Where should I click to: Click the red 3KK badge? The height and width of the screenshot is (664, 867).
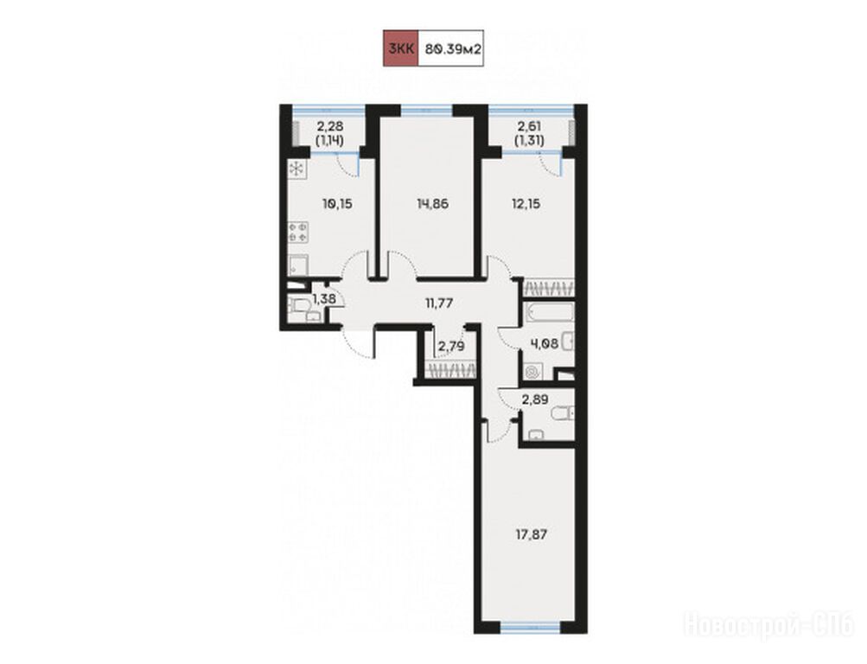click(x=401, y=48)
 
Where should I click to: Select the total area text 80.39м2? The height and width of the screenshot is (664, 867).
click(x=453, y=48)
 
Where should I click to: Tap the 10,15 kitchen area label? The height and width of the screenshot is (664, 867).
click(x=337, y=204)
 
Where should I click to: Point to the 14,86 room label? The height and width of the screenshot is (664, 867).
click(x=432, y=204)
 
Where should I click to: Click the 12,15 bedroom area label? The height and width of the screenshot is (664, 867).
click(x=526, y=204)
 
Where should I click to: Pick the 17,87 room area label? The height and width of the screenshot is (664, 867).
click(x=532, y=534)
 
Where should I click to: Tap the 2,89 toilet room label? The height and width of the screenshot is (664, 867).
click(x=534, y=399)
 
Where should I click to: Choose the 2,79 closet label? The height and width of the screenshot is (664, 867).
click(x=451, y=347)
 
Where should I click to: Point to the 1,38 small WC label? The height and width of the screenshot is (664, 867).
click(x=324, y=300)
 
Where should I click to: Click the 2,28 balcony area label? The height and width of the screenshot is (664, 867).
click(x=329, y=126)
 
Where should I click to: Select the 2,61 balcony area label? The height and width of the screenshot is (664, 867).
click(x=529, y=126)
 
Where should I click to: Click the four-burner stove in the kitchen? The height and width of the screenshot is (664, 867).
click(x=298, y=232)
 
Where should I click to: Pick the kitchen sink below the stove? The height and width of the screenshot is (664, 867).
click(x=298, y=265)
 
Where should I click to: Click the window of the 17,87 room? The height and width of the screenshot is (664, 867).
click(x=530, y=627)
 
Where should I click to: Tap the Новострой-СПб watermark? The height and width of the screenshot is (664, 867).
click(x=769, y=625)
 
